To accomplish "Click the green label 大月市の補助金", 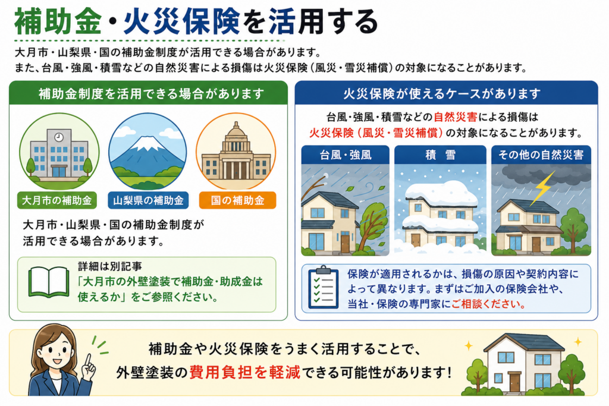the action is pos(57,200).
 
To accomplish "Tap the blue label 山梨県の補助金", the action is pos(148,200).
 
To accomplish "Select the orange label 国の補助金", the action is pos(237,200).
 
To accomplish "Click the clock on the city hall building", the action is pos(59,137).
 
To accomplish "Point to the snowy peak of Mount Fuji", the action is pos(147,143).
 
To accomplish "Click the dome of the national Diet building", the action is pos(236,131).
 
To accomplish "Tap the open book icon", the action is pos(49,282).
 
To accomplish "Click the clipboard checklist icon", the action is pos(323,287).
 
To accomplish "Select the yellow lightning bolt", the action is pos(542,188).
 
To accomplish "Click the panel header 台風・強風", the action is pos(346,155).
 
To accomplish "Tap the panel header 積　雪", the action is pos(440,155).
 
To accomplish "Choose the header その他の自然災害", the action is pos(541,155).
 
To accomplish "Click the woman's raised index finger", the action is pos(88,359).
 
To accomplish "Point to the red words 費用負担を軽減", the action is pos(244,373).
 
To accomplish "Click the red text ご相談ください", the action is pos(488,304).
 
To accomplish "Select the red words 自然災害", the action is pos(455,117).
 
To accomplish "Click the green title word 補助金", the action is pos(58,22).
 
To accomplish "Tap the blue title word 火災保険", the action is pos(182,22).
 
